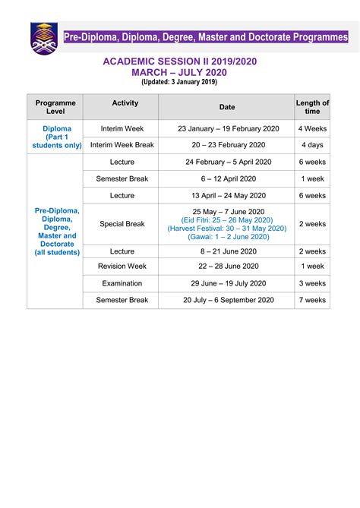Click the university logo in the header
click(x=43, y=38)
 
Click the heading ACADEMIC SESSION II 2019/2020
click(x=179, y=60)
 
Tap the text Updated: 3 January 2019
click(x=179, y=81)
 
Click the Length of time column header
click(x=312, y=106)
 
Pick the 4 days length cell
click(x=312, y=145)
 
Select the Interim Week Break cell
click(x=122, y=145)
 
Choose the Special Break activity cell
click(x=122, y=224)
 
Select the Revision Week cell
click(x=122, y=267)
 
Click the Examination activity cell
click(x=122, y=283)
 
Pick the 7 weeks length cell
click(x=312, y=300)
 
